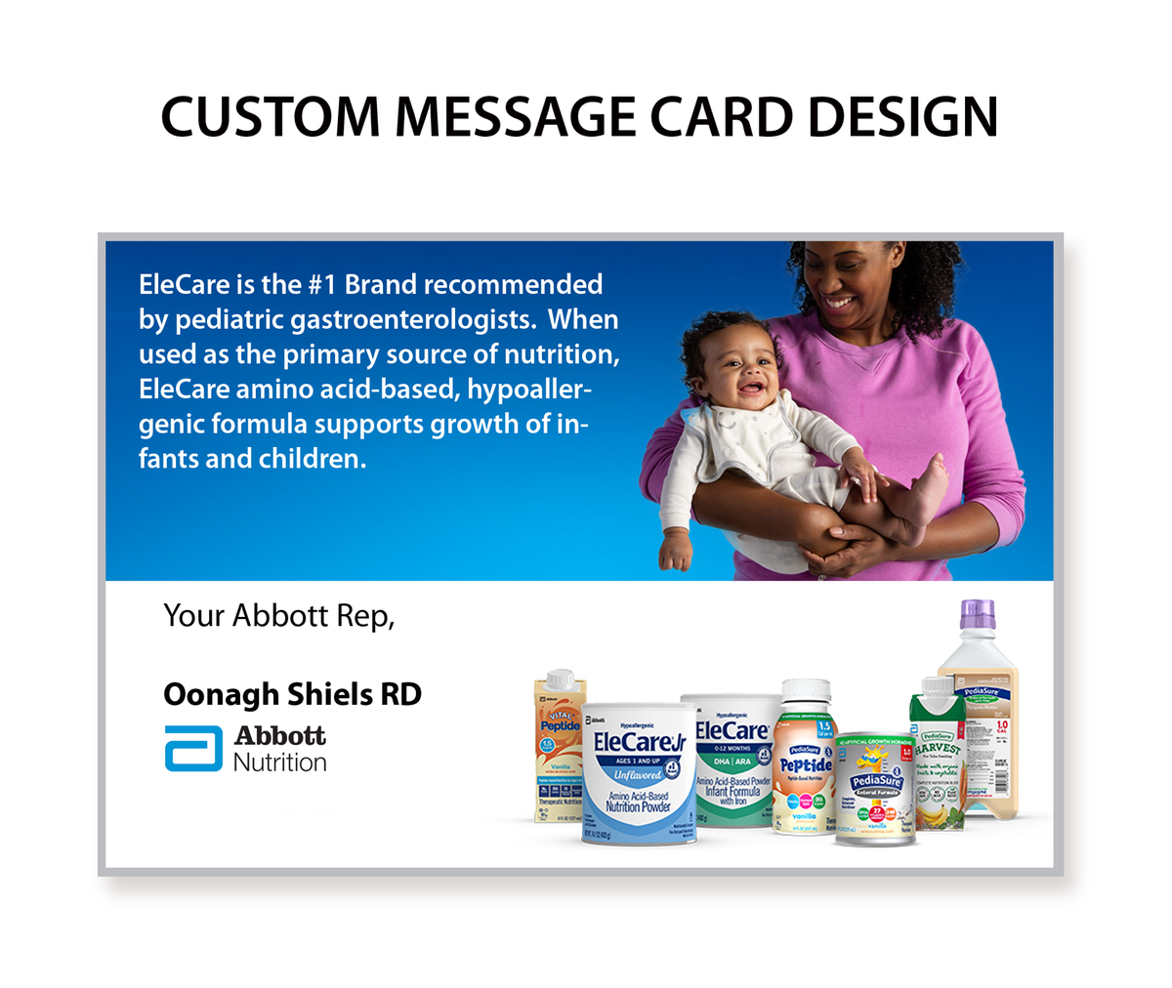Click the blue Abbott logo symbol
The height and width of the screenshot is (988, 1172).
click(x=192, y=750)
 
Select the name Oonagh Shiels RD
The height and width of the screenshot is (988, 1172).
click(x=292, y=694)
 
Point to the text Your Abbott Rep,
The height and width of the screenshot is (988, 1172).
click(x=278, y=616)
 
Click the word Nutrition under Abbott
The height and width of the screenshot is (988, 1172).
click(x=279, y=762)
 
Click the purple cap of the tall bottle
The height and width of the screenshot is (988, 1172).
click(x=977, y=613)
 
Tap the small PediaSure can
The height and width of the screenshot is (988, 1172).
click(x=876, y=790)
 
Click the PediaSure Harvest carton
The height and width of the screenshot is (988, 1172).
click(x=938, y=762)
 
